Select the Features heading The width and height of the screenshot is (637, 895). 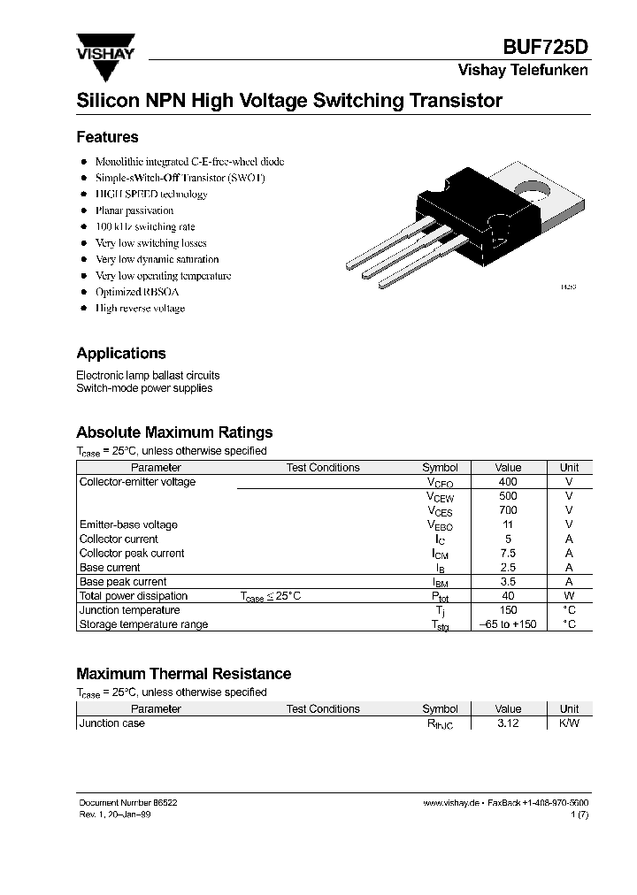[107, 137]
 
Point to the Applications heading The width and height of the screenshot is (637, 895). [121, 353]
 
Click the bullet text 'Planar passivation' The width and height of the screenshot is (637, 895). [134, 210]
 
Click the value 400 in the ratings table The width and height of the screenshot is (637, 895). [508, 482]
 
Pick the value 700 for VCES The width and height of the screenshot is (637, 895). [508, 510]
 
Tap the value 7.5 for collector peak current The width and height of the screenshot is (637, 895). [508, 553]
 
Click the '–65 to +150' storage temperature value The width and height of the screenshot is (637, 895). [508, 624]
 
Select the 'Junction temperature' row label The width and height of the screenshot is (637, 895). [129, 610]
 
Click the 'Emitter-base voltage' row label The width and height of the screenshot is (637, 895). [128, 524]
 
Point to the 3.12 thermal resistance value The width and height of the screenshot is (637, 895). [508, 723]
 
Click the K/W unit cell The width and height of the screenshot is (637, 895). [569, 723]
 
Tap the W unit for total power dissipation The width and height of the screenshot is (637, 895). [569, 596]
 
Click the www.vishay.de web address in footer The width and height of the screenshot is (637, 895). [451, 802]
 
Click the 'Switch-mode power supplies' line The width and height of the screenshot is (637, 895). [144, 388]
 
